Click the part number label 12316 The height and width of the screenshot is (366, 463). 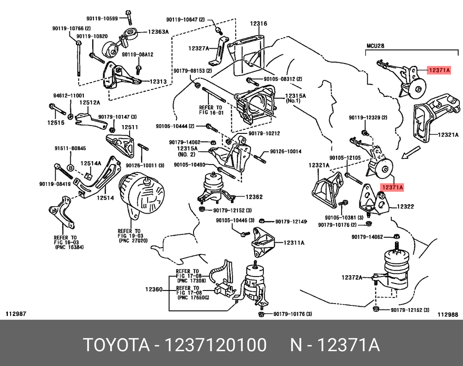[x=259, y=24]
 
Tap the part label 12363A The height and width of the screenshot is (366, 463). [x=158, y=32]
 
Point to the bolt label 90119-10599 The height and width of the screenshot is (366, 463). [x=105, y=18]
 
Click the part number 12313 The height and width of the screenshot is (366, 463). [x=157, y=82]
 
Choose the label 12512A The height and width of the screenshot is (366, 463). [x=88, y=103]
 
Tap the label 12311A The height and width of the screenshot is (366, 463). [x=294, y=242]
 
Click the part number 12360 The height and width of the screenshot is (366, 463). [x=153, y=289]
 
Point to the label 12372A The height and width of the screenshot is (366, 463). [x=352, y=278]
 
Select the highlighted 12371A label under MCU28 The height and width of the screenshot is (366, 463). [x=438, y=70]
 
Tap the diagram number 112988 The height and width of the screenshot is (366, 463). [x=447, y=314]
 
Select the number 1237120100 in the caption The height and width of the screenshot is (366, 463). [x=215, y=346]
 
